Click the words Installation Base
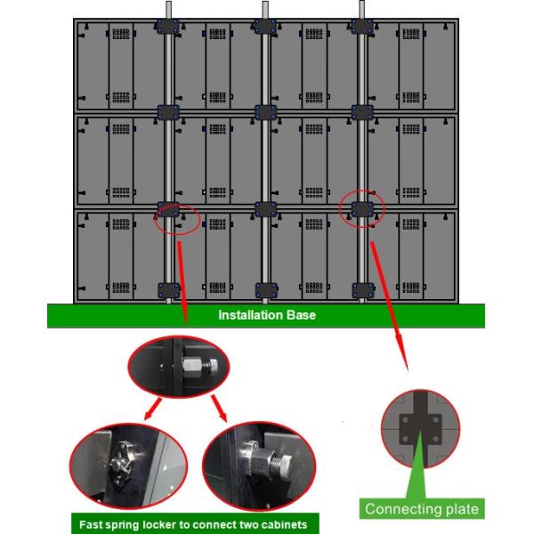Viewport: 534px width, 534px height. coord(267,315)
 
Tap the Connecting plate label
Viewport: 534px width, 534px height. coord(422,509)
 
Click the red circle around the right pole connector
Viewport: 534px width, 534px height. coord(362,209)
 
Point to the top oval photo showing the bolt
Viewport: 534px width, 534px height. coord(178,368)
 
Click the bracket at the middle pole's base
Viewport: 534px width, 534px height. coord(265,289)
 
